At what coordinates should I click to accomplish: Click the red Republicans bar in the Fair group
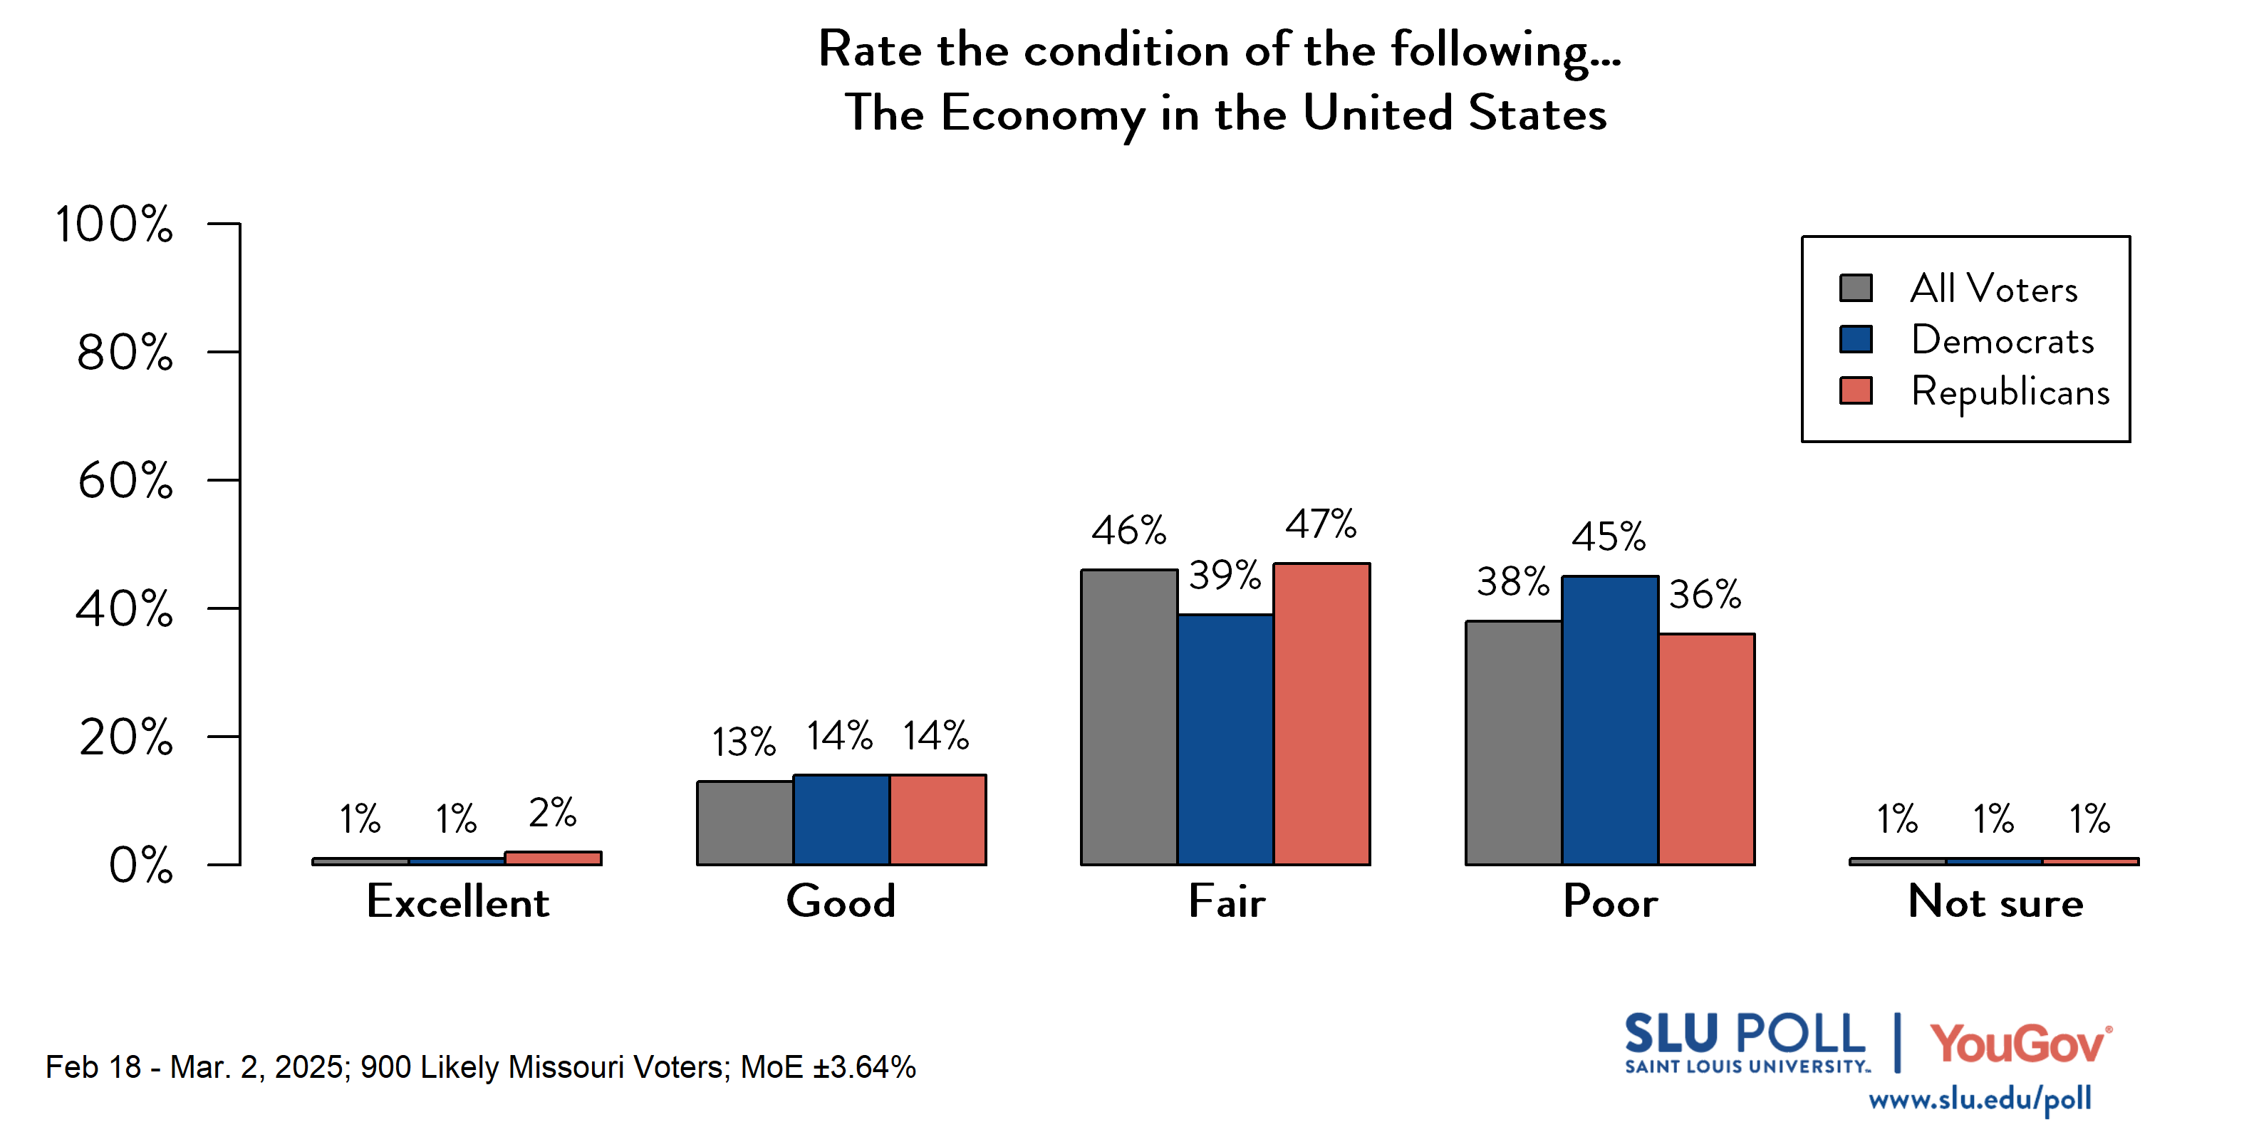point(1321,715)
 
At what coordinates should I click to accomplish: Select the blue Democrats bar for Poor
point(1610,720)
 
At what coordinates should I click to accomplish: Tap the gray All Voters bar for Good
point(745,824)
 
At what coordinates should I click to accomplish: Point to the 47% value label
point(1321,524)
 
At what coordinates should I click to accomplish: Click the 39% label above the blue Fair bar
point(1225,576)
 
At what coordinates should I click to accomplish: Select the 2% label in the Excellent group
point(552,813)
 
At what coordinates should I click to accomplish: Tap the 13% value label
point(743,742)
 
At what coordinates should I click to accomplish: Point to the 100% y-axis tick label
point(114,224)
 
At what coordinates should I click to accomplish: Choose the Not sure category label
point(1995,902)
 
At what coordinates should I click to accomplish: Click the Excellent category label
point(457,902)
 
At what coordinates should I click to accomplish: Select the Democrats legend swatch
point(1856,339)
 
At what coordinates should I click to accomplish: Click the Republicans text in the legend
point(2010,392)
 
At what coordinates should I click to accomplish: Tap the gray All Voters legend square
point(1856,288)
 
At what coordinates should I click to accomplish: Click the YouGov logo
point(2020,1043)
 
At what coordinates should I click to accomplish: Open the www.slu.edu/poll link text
point(1979,1099)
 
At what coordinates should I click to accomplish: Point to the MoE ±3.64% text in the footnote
point(828,1067)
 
